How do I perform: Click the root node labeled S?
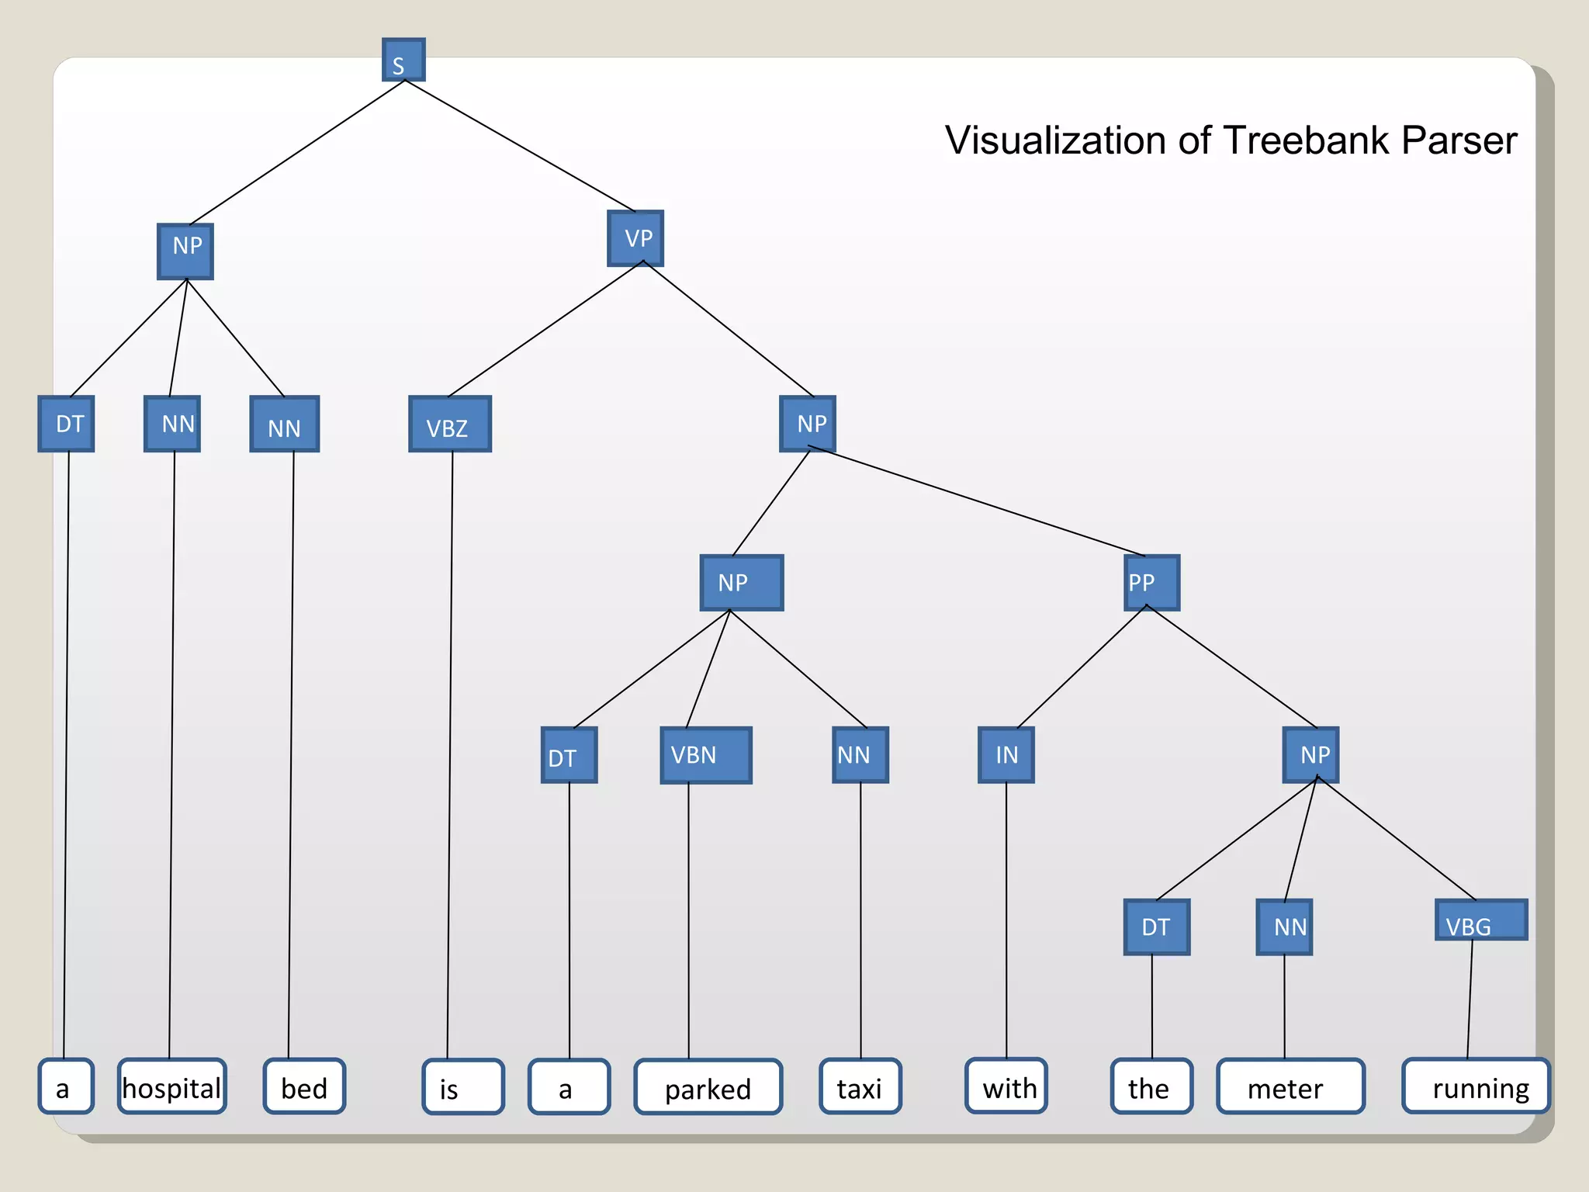coord(403,60)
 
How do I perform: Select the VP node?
coord(635,238)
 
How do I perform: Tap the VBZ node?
coord(450,424)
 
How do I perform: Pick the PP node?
coord(1152,582)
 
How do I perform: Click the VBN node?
coord(706,755)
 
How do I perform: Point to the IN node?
coord(1006,755)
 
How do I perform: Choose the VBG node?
coord(1481,920)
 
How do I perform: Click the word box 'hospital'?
coord(172,1086)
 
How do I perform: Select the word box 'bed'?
coord(304,1086)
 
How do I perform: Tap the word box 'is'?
coord(463,1087)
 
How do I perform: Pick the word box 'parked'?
coord(708,1087)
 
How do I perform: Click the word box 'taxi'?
coord(860,1086)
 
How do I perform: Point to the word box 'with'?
coord(1006,1086)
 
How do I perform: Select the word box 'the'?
coord(1151,1086)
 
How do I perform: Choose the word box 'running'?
coord(1476,1086)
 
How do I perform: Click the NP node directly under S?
coord(185,251)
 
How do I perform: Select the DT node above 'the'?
coord(1157,927)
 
